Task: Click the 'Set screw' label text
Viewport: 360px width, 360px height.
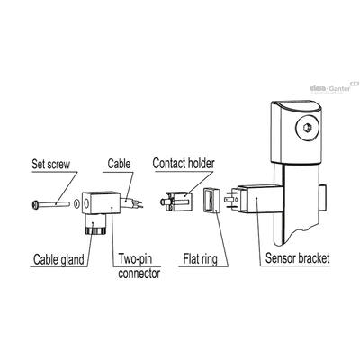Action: click(51, 164)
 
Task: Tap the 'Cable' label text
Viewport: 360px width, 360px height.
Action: click(119, 164)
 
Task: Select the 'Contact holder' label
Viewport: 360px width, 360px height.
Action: click(184, 163)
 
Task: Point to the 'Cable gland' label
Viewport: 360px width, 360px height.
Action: click(58, 259)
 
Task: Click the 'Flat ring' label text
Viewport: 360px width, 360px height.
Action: click(200, 259)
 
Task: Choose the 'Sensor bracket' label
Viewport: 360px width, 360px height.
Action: click(297, 258)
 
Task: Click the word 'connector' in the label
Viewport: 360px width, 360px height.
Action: click(139, 274)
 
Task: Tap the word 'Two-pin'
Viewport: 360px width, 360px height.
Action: click(135, 259)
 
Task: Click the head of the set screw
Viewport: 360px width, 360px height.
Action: click(35, 205)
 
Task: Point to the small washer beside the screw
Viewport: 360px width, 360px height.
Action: click(76, 203)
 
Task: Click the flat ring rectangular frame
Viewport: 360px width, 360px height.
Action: click(211, 201)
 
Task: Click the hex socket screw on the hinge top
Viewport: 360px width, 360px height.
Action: click(307, 129)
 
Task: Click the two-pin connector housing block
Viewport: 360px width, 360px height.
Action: click(101, 202)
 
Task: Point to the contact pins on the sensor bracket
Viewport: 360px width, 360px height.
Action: click(230, 200)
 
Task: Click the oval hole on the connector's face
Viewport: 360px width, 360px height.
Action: click(86, 203)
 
